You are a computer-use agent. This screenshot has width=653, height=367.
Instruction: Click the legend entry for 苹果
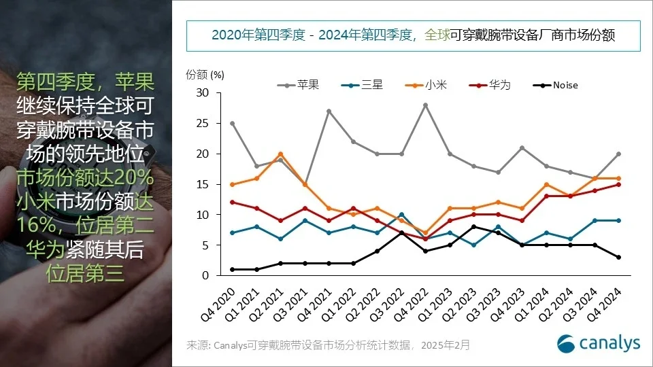pos(298,85)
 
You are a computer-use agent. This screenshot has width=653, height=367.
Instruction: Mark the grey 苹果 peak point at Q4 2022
pos(426,105)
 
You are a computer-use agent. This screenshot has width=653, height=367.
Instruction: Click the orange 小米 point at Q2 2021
pos(280,154)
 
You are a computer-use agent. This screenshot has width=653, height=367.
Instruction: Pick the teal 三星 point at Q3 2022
pos(401,215)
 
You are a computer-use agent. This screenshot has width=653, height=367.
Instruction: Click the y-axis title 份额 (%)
pos(205,73)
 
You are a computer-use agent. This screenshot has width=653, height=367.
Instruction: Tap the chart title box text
pos(413,35)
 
